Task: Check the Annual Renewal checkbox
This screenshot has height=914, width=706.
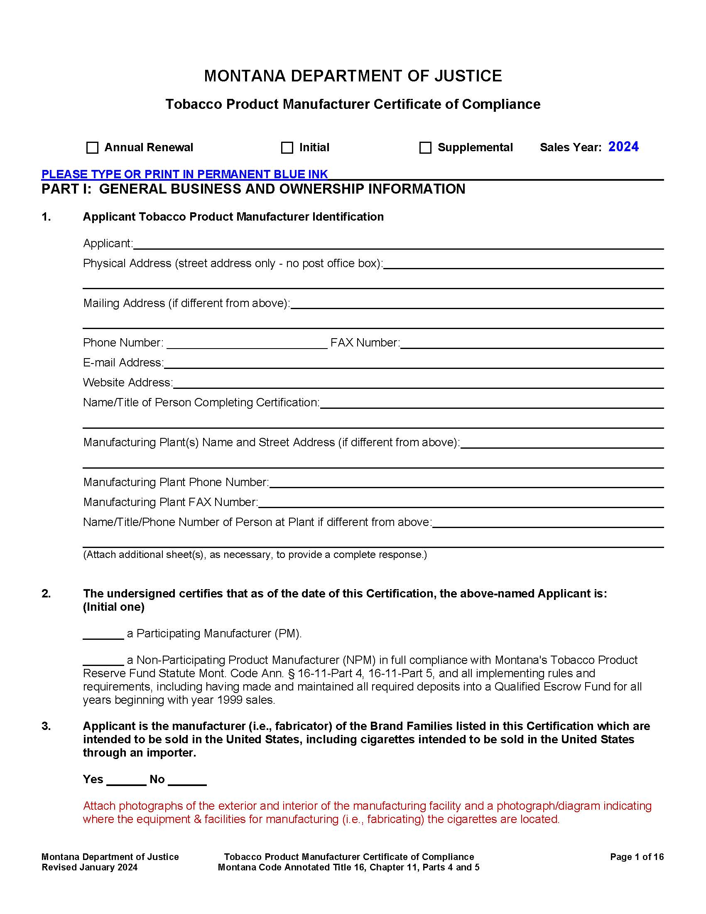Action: tap(92, 148)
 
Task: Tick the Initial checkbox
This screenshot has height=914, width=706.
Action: tap(287, 148)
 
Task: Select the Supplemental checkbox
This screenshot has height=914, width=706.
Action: tap(425, 148)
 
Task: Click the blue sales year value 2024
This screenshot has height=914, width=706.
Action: tap(623, 147)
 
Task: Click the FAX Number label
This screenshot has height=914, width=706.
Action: tap(365, 343)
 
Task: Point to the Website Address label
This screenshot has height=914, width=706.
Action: tap(127, 383)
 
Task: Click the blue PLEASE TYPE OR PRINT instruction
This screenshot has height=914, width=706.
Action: tap(184, 174)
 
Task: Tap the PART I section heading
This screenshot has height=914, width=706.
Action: tap(253, 189)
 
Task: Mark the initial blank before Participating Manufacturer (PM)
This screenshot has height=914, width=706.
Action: tap(103, 634)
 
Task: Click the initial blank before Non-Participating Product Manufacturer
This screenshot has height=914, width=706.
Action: tap(103, 661)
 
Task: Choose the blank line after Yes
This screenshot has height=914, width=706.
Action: tap(126, 781)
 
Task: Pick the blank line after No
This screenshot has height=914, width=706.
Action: tap(187, 781)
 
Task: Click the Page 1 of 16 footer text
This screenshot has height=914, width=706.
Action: tap(637, 857)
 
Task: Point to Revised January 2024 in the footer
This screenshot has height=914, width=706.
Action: tap(90, 867)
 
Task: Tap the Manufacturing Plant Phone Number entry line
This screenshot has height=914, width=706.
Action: tap(466, 483)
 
